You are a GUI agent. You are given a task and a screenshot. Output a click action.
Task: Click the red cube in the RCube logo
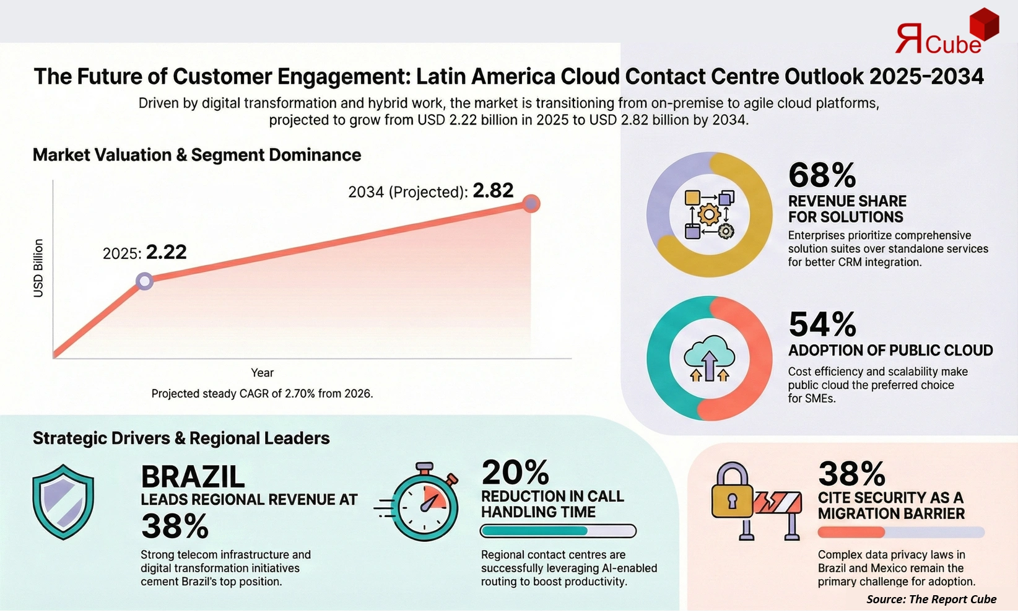pyautogui.click(x=983, y=25)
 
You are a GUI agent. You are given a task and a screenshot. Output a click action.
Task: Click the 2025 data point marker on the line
pyautogui.click(x=144, y=281)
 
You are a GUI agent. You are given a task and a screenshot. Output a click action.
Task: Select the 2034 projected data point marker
pyautogui.click(x=531, y=203)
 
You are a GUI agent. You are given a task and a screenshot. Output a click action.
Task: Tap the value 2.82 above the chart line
pyautogui.click(x=493, y=190)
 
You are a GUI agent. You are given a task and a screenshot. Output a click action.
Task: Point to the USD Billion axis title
pyautogui.click(x=38, y=268)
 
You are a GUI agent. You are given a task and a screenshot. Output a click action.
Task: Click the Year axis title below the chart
pyautogui.click(x=262, y=372)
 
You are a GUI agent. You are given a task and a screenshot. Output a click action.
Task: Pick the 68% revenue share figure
pyautogui.click(x=822, y=175)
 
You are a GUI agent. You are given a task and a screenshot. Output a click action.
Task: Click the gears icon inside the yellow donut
pyautogui.click(x=709, y=214)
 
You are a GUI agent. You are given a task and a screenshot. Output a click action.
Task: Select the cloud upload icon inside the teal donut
pyautogui.click(x=709, y=358)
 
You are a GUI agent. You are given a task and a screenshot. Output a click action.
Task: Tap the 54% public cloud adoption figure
pyautogui.click(x=822, y=325)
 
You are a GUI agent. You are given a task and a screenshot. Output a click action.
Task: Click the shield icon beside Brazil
pyautogui.click(x=63, y=502)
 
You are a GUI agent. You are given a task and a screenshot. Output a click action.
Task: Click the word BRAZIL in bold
pyautogui.click(x=193, y=477)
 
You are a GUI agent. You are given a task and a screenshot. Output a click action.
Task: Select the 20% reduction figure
pyautogui.click(x=515, y=473)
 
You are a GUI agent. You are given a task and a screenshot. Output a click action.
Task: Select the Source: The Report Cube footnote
pyautogui.click(x=931, y=599)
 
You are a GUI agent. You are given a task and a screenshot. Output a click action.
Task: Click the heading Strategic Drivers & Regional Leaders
pyautogui.click(x=181, y=438)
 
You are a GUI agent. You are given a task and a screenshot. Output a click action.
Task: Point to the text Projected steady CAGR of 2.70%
pyautogui.click(x=262, y=393)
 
